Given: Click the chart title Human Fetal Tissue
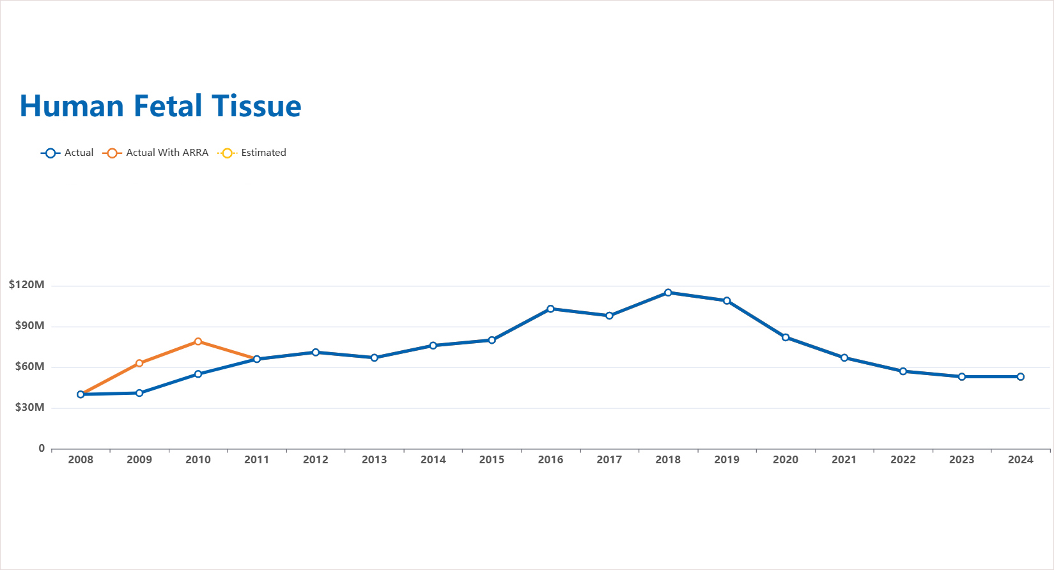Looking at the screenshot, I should pyautogui.click(x=160, y=106).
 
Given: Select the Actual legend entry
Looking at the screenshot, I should pyautogui.click(x=67, y=153).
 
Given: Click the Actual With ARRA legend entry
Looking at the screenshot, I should pyautogui.click(x=155, y=153).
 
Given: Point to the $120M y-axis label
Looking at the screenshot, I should pyautogui.click(x=27, y=285).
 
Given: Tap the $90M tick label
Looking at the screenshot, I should pyautogui.click(x=30, y=326).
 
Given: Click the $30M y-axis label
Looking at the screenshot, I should pyautogui.click(x=30, y=408).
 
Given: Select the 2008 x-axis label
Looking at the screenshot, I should pyautogui.click(x=81, y=459).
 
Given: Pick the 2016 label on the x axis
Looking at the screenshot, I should pyautogui.click(x=550, y=459).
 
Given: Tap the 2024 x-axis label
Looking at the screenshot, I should pyautogui.click(x=1020, y=459).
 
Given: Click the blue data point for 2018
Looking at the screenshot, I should pyautogui.click(x=668, y=293).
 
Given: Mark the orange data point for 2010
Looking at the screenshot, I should pyautogui.click(x=198, y=342).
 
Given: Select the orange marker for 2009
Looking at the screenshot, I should pyautogui.click(x=139, y=363).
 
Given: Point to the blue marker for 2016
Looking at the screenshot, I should pyautogui.click(x=550, y=309).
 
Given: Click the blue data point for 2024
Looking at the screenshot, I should pyautogui.click(x=1020, y=377).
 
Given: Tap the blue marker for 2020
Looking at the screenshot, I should pyautogui.click(x=786, y=337).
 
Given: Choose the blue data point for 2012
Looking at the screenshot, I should pyautogui.click(x=316, y=352).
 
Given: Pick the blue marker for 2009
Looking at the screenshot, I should pyautogui.click(x=139, y=393).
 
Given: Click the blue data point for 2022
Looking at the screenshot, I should pyautogui.click(x=903, y=371).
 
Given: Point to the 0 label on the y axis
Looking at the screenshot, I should pyautogui.click(x=42, y=449).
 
